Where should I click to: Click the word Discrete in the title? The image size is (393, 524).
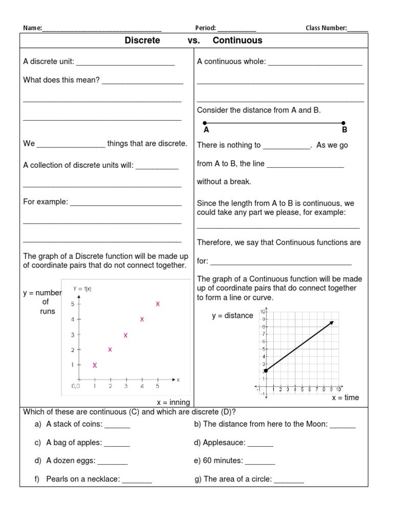142,40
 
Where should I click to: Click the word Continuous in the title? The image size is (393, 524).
237,40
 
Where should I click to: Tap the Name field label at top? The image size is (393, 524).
32,28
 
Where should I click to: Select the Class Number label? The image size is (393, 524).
326,28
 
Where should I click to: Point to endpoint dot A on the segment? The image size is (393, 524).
205,123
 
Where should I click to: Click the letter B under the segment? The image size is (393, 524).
344,130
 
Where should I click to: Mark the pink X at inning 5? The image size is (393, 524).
158,304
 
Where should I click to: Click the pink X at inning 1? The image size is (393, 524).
95,365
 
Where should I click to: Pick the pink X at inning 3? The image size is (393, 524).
125,335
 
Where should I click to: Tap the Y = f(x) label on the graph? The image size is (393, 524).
82,289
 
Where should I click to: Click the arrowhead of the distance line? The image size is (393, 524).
332,322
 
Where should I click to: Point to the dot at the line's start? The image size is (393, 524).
265,370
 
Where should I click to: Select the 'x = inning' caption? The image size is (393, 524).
173,403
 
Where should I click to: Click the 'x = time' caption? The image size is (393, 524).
345,398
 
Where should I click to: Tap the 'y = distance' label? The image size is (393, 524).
232,316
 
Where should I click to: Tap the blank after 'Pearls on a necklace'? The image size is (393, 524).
137,481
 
